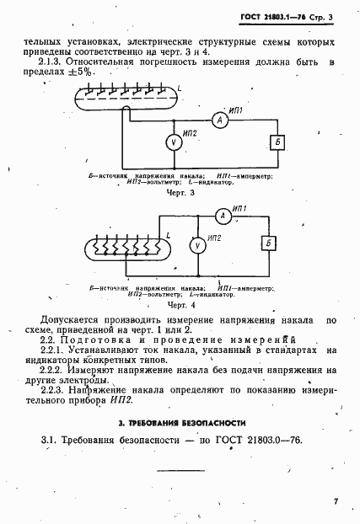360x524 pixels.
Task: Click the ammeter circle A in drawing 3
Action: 218,121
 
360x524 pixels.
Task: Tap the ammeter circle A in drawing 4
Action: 223,217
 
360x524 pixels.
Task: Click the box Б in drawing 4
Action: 268,244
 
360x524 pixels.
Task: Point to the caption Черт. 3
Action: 180,193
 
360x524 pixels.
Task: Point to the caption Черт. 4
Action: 180,303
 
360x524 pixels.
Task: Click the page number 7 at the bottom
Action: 335,502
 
